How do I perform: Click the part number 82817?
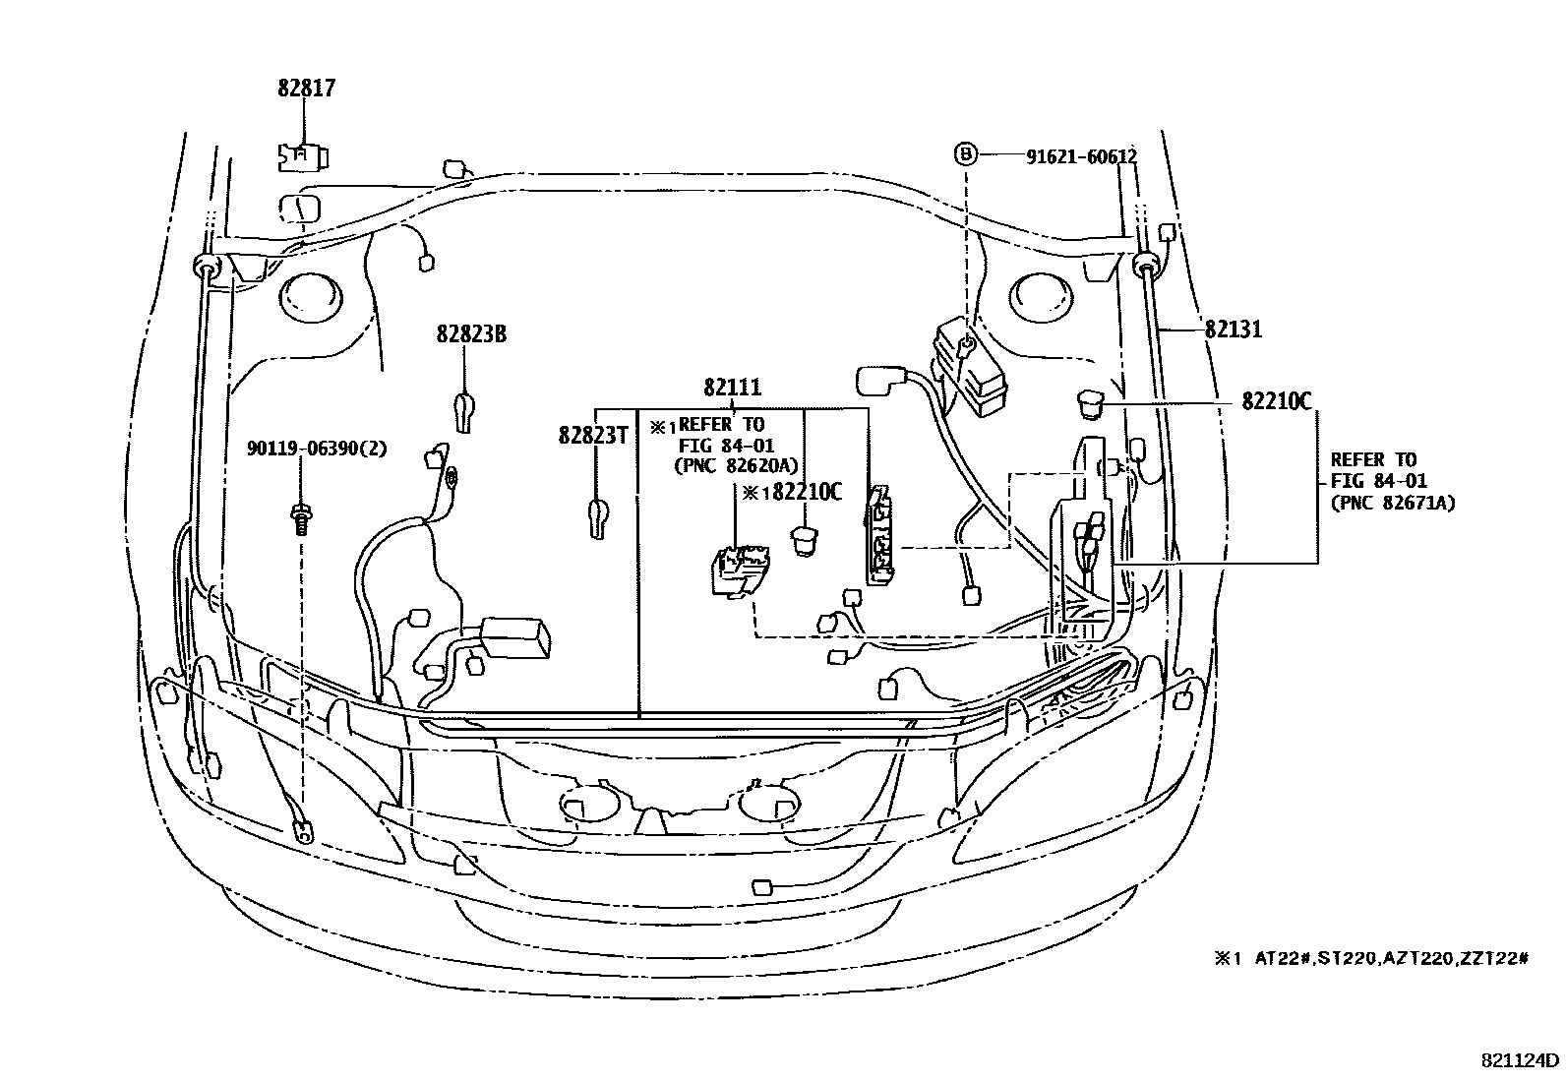(306, 89)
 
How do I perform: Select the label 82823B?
(471, 334)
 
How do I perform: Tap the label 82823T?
(592, 435)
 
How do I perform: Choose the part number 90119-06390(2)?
(317, 449)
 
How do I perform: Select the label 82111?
(732, 388)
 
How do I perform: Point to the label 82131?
(1233, 330)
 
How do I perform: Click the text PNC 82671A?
(1392, 503)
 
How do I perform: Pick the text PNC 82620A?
(736, 465)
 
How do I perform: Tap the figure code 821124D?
(1520, 1060)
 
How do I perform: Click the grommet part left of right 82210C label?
(1089, 401)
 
